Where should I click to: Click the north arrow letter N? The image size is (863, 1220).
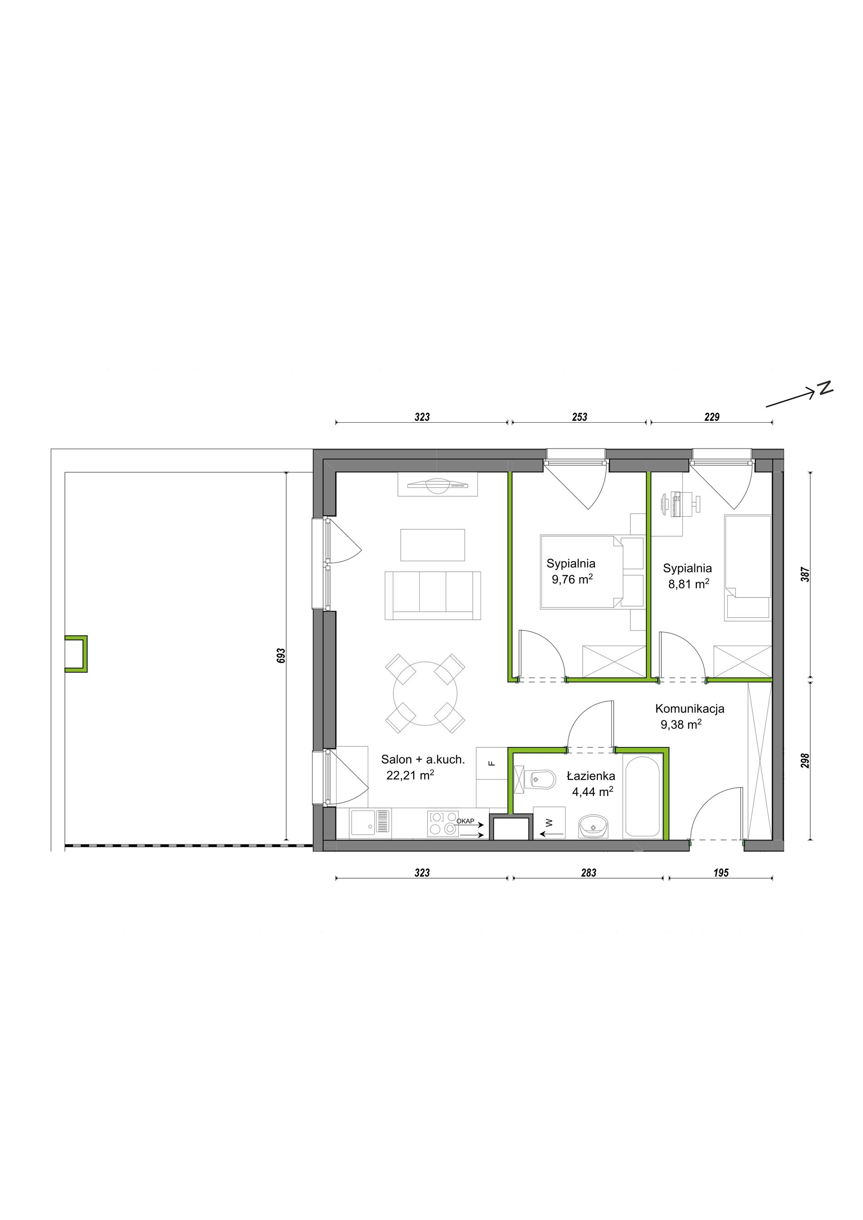tap(825, 387)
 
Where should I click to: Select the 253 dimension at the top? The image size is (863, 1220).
tap(579, 417)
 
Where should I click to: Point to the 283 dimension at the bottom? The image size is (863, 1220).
tap(588, 873)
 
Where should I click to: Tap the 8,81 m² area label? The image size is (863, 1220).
tap(689, 584)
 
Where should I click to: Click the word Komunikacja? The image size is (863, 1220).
tap(689, 708)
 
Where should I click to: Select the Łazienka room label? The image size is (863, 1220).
tap(591, 776)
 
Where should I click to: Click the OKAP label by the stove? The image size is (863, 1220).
tap(465, 821)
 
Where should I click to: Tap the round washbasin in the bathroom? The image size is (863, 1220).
tap(593, 827)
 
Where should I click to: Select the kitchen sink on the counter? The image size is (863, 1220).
tap(370, 824)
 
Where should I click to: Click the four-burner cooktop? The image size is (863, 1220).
tap(443, 824)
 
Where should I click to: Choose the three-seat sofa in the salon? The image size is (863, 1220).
tap(432, 595)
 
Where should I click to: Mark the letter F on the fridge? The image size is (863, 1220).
tap(491, 764)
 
